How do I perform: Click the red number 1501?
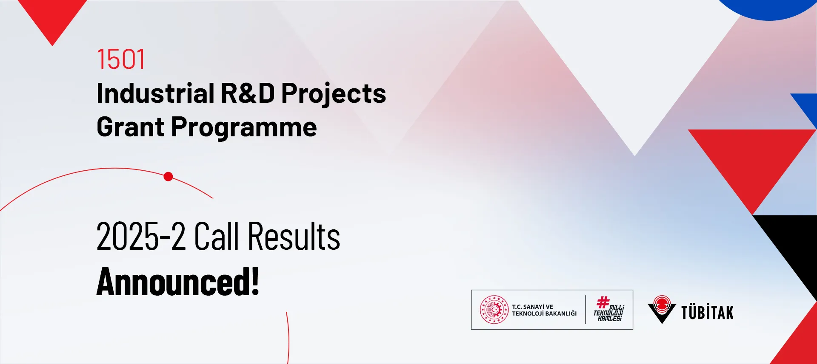click(x=121, y=59)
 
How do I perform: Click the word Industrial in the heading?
click(x=156, y=93)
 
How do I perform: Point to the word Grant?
click(x=131, y=127)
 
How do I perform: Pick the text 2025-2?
click(x=141, y=236)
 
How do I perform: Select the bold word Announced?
click(x=178, y=281)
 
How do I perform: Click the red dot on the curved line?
click(x=168, y=177)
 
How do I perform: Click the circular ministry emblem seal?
click(x=494, y=310)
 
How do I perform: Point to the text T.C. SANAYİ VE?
click(x=532, y=307)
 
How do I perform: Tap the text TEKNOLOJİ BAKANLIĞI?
click(x=544, y=313)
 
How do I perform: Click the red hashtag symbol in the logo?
click(x=603, y=302)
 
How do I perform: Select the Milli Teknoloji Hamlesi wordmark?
click(x=609, y=309)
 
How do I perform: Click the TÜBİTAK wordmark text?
click(x=707, y=312)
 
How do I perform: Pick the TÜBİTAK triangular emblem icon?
click(x=662, y=309)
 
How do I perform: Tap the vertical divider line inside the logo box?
click(x=586, y=310)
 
